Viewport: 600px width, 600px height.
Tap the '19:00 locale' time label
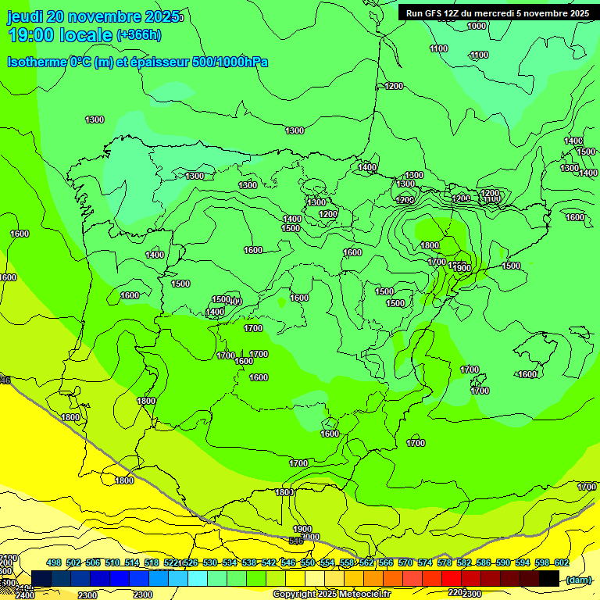[60, 34]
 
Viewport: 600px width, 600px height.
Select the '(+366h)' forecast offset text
[139, 34]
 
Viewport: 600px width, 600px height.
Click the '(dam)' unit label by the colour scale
[578, 580]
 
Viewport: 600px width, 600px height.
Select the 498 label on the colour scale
[54, 562]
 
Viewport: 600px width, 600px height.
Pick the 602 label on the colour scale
[561, 562]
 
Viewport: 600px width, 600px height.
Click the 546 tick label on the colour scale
[287, 562]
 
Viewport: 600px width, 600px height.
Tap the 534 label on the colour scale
[230, 562]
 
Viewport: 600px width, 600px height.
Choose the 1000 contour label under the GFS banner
[477, 26]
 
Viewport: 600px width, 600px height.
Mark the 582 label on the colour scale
[463, 562]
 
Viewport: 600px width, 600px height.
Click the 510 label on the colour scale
[112, 562]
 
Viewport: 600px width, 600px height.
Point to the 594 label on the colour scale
[522, 562]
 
